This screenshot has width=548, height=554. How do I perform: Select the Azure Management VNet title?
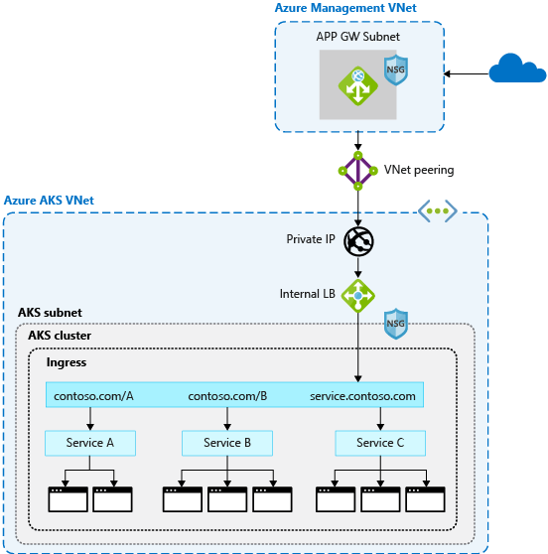[345, 9]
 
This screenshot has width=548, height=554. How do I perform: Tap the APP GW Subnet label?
[359, 37]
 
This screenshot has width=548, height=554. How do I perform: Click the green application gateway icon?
[357, 86]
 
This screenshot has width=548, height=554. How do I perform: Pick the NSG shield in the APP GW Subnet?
[396, 70]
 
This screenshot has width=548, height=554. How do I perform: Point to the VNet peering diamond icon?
[357, 171]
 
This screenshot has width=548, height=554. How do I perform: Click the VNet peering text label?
[420, 170]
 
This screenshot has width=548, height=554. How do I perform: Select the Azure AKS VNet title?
[49, 200]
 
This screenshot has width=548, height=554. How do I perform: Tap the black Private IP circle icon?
[357, 241]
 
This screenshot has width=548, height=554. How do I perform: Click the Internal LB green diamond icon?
[357, 294]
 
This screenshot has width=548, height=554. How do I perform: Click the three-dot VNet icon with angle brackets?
[436, 210]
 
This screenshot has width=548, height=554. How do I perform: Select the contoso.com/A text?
[93, 396]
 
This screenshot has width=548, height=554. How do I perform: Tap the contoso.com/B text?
[227, 396]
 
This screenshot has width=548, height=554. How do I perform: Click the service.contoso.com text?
[362, 396]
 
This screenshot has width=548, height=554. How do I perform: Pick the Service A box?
[89, 443]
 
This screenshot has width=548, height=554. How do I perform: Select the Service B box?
[228, 443]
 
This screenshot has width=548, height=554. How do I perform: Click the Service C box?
[380, 443]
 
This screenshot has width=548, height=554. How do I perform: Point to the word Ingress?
[68, 362]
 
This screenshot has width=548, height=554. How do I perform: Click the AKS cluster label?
[60, 335]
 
